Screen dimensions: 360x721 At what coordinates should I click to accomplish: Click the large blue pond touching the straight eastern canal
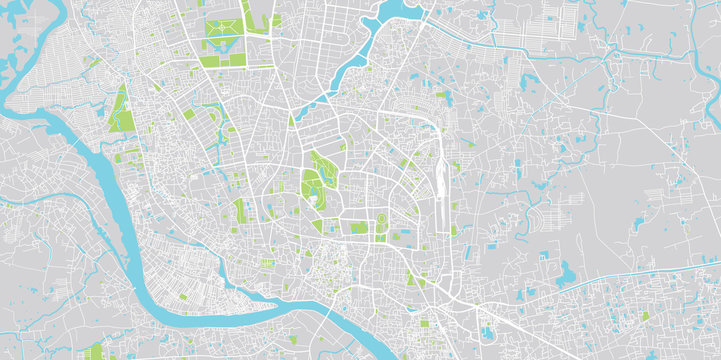coord(566,272)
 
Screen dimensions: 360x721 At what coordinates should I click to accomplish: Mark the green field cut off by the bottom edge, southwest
coord(96,352)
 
